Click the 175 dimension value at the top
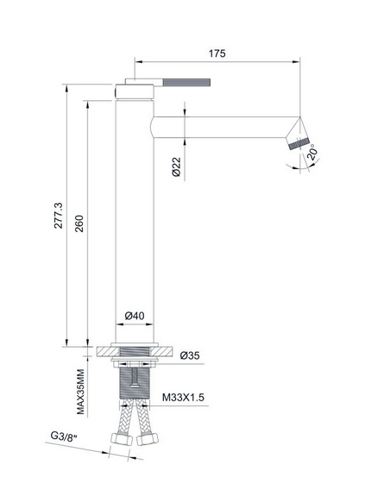[x=217, y=53]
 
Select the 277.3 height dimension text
[x=59, y=216]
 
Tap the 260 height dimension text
[x=79, y=223]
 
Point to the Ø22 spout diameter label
[x=177, y=166]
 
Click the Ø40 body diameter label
[x=135, y=316]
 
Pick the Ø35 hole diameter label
[x=190, y=355]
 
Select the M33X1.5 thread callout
[x=183, y=397]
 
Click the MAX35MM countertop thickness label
[x=80, y=392]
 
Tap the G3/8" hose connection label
[x=64, y=437]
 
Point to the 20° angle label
[x=313, y=153]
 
